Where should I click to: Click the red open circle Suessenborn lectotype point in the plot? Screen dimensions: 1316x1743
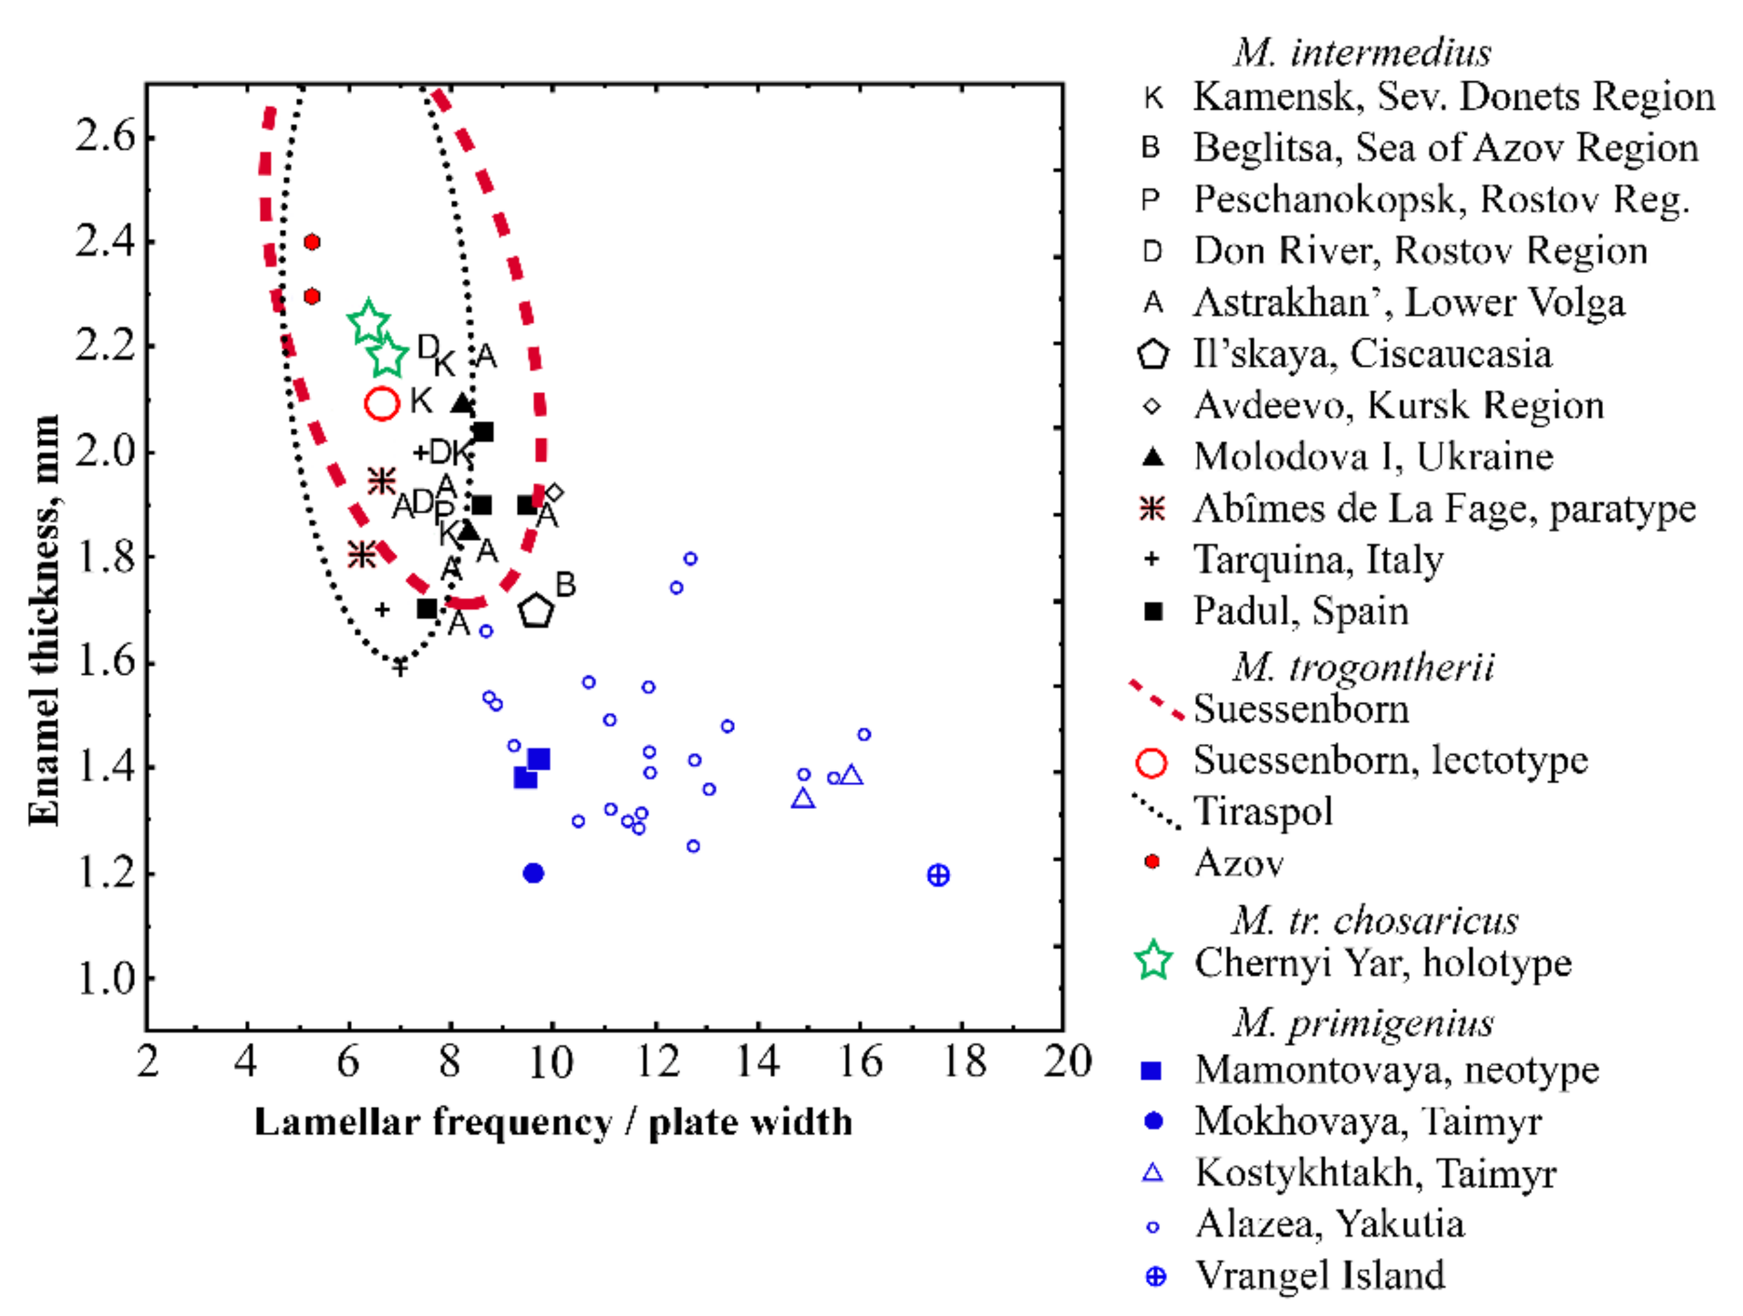382,403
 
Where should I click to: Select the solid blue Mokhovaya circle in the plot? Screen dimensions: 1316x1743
533,873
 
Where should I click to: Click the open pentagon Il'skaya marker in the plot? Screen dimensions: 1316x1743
536,611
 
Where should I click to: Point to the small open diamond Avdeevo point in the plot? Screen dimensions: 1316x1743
554,493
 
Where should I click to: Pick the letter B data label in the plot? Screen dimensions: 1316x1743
565,585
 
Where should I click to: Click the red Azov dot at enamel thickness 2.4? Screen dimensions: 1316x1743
312,242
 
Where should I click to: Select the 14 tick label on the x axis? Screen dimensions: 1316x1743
757,1062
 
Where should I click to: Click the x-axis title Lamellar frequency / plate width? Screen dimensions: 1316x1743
553,1122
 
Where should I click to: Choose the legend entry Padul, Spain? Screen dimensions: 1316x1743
1300,611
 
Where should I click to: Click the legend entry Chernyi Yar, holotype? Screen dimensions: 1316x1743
1382,962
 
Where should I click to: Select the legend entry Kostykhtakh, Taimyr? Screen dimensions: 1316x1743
1375,1173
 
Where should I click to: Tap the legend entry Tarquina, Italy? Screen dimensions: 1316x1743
1317,559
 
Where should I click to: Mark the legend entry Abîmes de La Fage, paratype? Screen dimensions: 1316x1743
1443,508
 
